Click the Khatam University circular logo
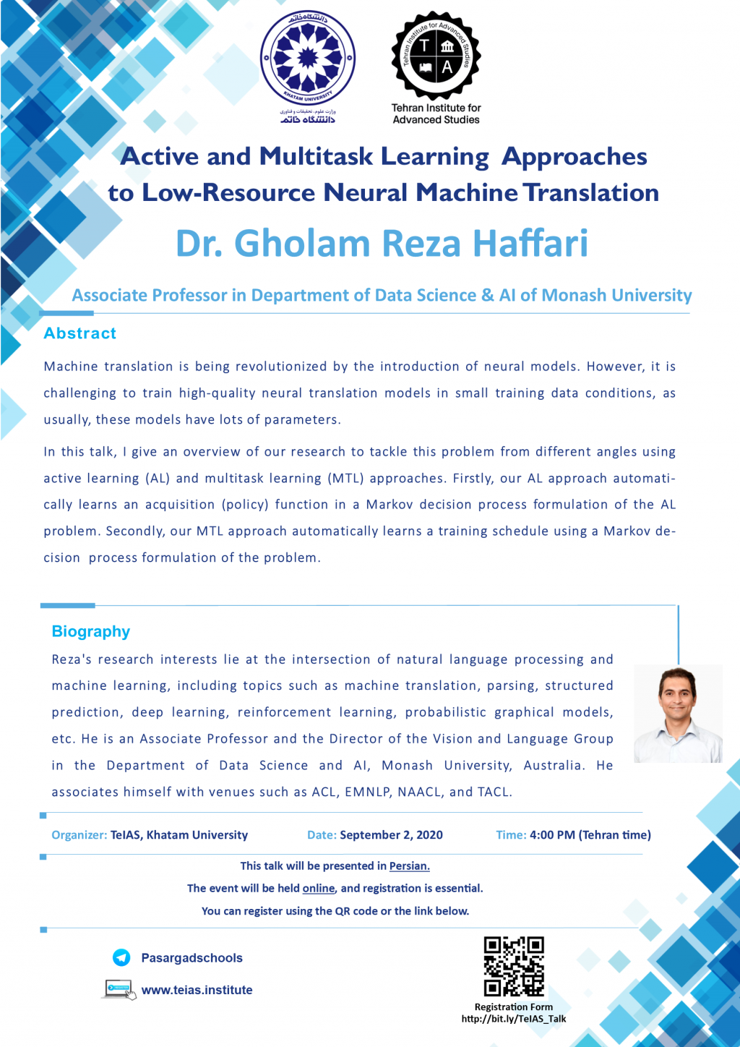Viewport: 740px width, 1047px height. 308,59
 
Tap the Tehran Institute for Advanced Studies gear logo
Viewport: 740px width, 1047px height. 436,56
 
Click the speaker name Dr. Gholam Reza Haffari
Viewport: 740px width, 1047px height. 382,243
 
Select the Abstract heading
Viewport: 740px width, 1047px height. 79,333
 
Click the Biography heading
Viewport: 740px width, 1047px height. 91,631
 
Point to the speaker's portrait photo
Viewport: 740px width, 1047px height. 678,714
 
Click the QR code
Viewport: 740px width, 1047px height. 514,966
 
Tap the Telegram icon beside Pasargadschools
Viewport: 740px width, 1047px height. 121,957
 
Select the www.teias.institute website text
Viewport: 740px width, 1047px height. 197,990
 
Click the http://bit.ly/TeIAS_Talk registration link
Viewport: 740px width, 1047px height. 514,1019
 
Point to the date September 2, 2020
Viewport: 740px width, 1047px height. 391,834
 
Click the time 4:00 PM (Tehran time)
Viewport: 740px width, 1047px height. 590,834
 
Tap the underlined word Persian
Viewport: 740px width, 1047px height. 409,866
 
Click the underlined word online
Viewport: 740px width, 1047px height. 319,888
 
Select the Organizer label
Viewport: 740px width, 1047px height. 79,834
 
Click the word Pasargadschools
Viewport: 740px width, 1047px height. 192,958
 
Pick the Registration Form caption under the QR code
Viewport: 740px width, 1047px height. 514,1007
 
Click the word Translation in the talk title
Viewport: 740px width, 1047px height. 590,192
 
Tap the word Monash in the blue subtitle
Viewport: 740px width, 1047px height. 574,295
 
